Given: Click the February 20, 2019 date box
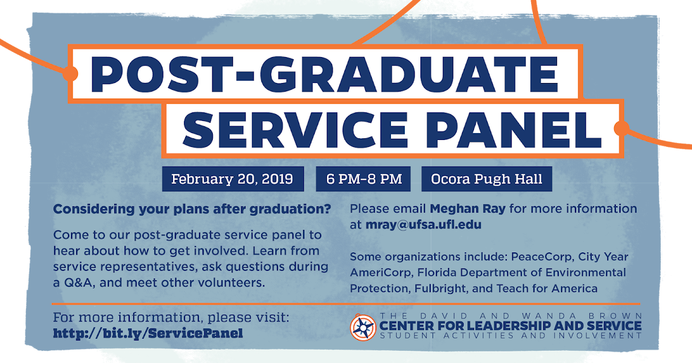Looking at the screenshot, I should tap(232, 179).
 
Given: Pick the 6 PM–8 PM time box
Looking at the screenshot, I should tap(363, 179).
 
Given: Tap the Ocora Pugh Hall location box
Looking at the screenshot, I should tap(487, 179).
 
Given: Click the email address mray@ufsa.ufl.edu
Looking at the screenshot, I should tap(423, 225).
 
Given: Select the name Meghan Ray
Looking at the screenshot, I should tap(468, 209).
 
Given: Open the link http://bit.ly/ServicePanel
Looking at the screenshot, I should tap(148, 333).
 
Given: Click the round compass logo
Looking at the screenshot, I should tap(363, 327).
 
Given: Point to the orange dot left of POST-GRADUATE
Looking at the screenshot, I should tap(70, 73).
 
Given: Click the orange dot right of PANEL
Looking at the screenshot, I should tap(622, 128).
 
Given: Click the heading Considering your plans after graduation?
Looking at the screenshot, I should tap(192, 209).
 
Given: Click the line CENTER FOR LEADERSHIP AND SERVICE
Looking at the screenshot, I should tap(510, 326).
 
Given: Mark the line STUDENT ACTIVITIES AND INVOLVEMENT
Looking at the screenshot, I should tap(510, 336).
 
